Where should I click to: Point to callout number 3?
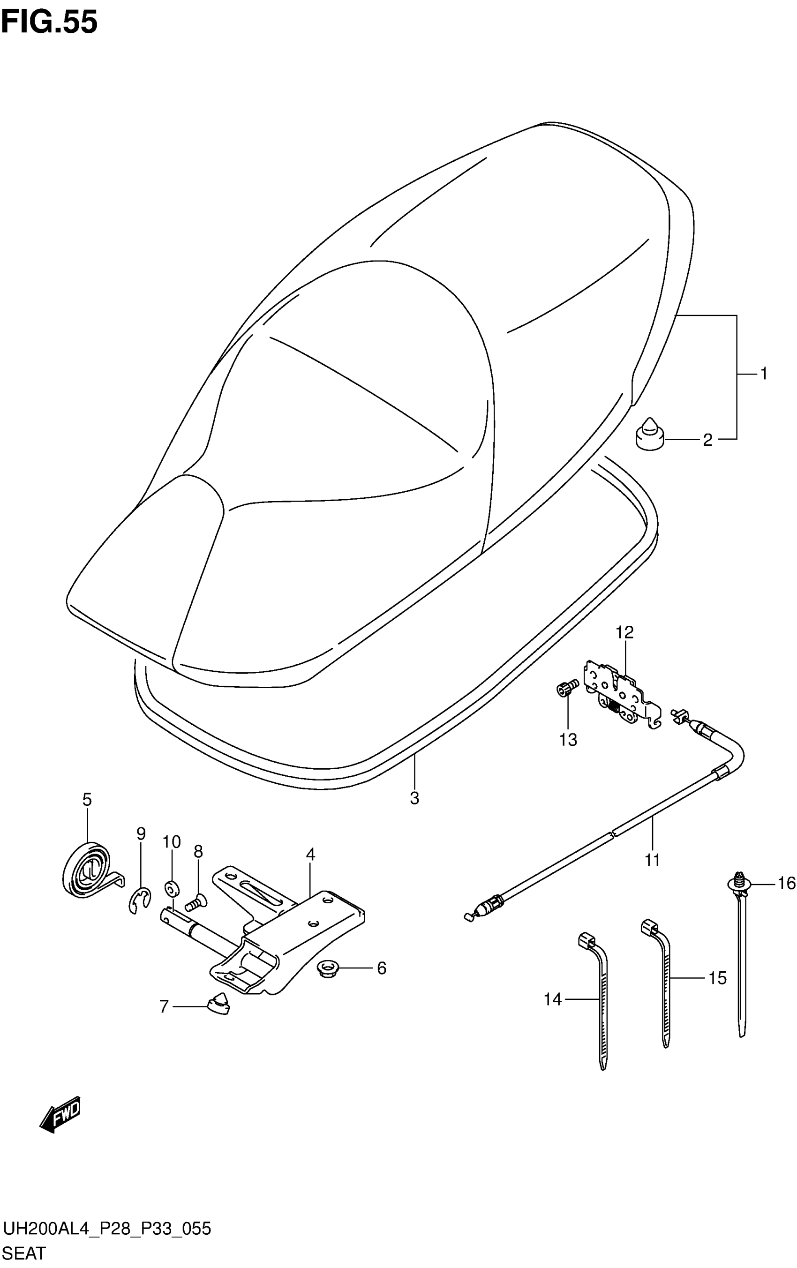(414, 798)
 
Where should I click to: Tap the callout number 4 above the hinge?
(310, 854)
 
